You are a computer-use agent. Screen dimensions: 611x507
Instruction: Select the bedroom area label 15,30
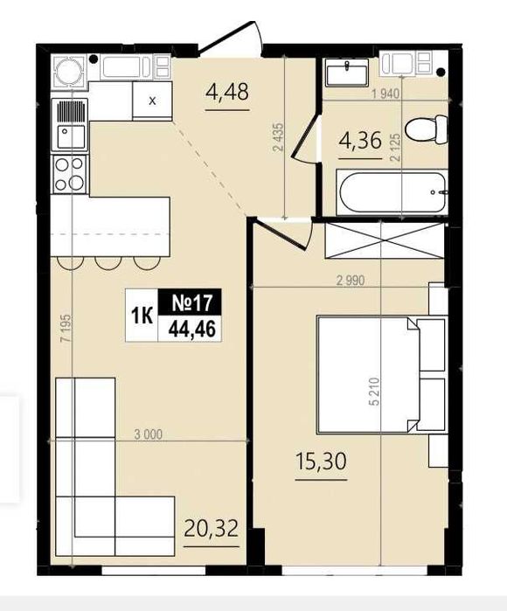point(319,461)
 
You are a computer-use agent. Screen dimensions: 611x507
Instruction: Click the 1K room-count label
point(140,316)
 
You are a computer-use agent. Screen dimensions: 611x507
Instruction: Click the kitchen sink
point(68,134)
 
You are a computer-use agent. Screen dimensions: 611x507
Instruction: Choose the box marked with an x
point(153,101)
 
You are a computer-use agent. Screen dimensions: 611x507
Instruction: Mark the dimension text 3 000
point(149,434)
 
